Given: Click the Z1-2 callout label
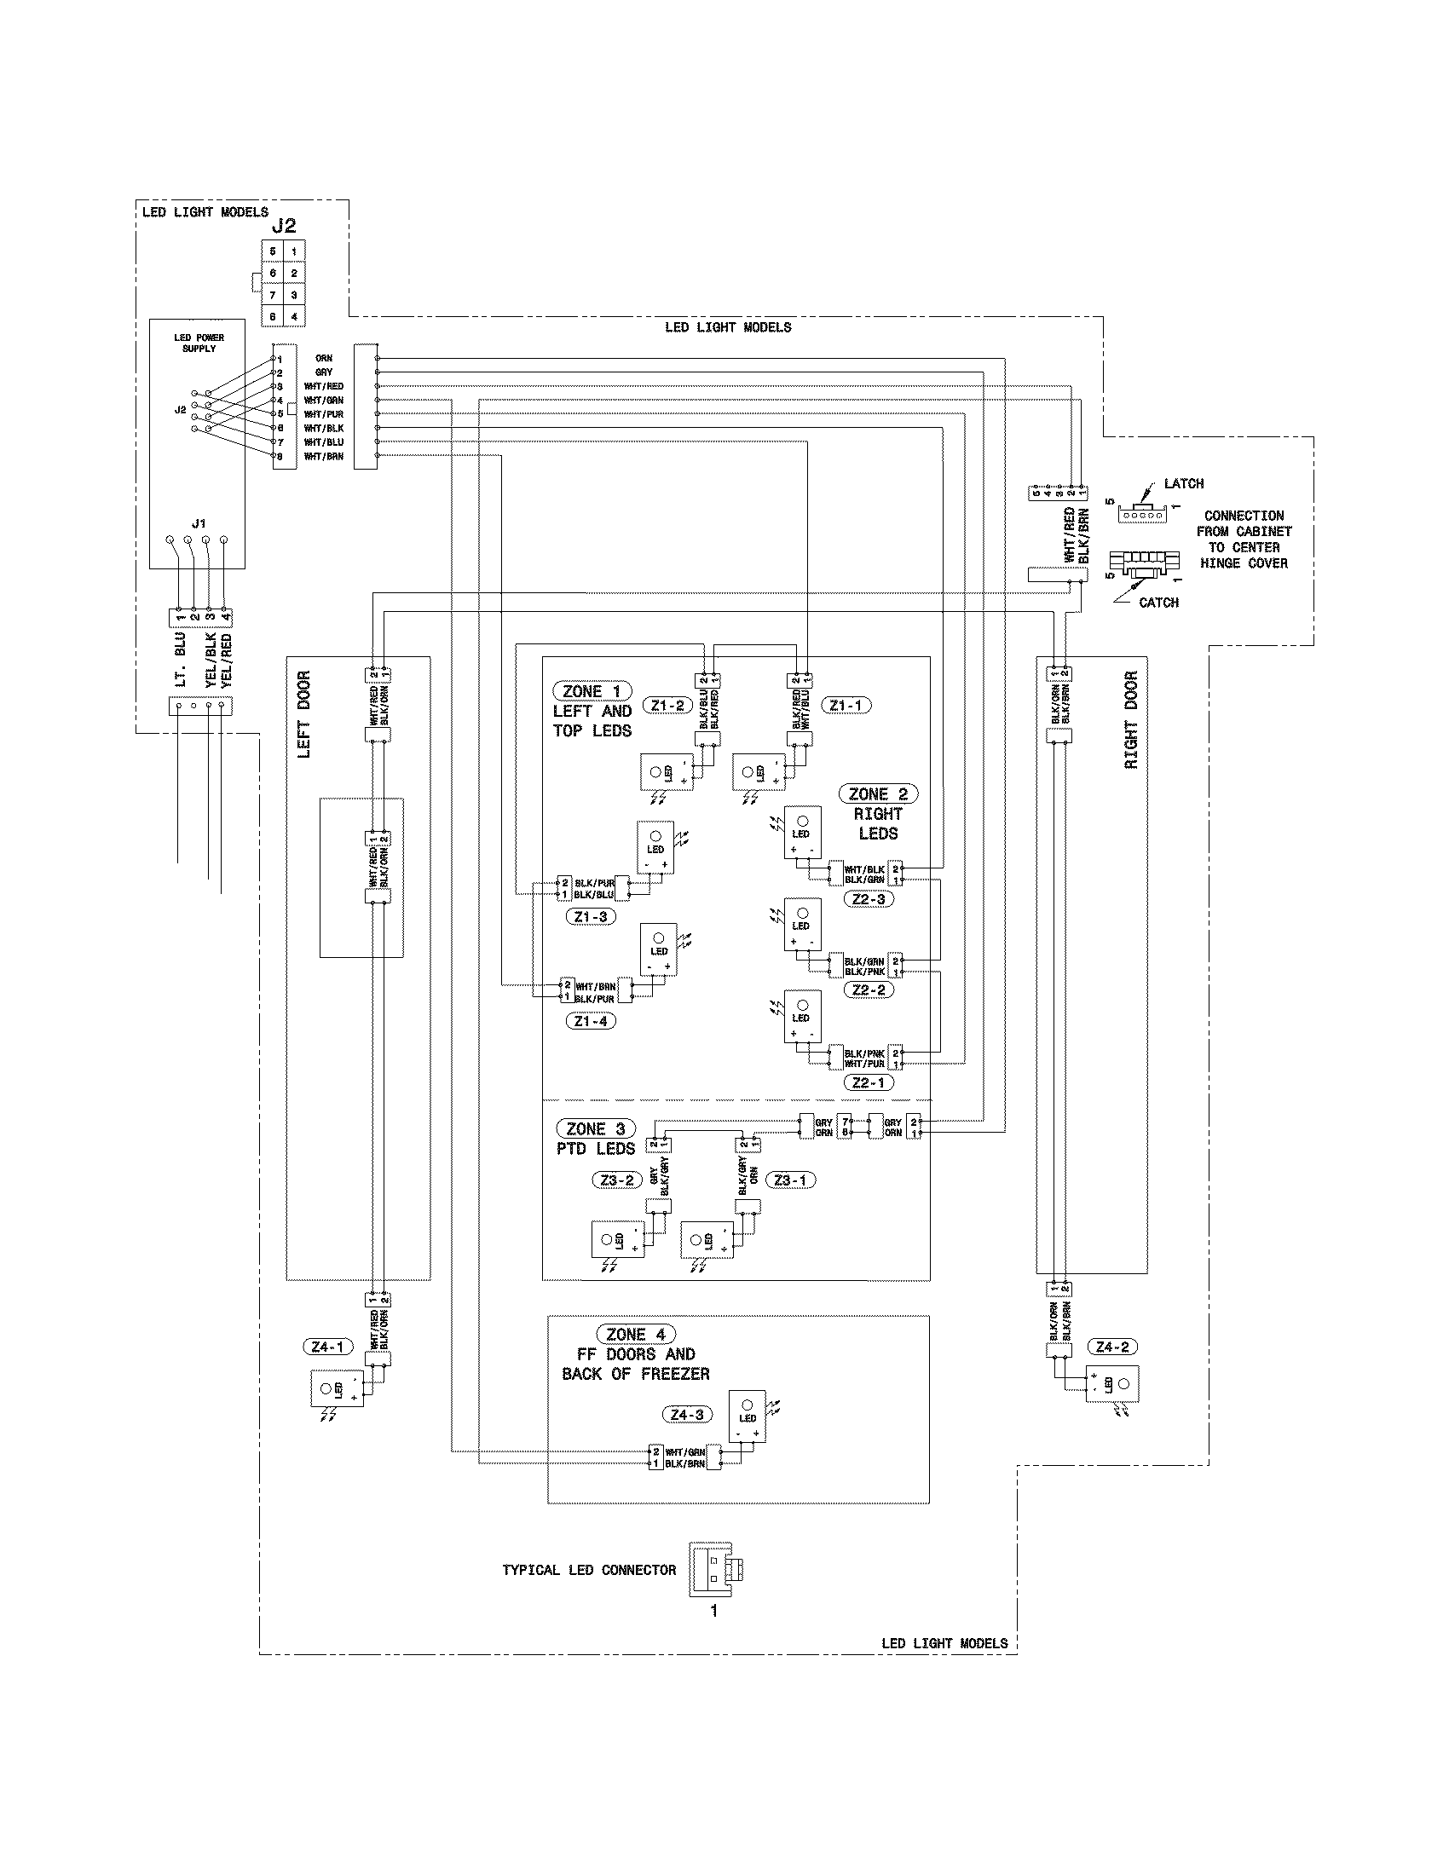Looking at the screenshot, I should [x=667, y=706].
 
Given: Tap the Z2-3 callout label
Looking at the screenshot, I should [x=869, y=899].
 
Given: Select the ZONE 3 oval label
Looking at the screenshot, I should [x=596, y=1129].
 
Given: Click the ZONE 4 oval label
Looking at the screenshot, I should [x=636, y=1334].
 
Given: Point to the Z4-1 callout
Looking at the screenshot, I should [x=327, y=1347].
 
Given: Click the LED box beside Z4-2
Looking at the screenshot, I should [x=1112, y=1384].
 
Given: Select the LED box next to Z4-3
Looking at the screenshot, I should [x=747, y=1416].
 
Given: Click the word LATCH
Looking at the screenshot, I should [x=1183, y=483].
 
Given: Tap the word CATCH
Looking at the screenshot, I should [x=1158, y=603].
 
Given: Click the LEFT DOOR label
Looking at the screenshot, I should [x=304, y=714].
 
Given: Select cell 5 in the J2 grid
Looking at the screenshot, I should [x=273, y=251].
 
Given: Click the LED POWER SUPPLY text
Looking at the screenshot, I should [x=199, y=343].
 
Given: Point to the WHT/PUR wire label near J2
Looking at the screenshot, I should [x=324, y=415].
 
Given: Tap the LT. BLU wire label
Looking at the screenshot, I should [x=180, y=661].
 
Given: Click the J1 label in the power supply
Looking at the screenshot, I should [x=199, y=522].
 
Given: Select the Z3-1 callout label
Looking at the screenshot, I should [x=790, y=1180].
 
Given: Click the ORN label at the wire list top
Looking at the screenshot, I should [x=324, y=359].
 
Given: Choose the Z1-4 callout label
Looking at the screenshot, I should [x=591, y=1022].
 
